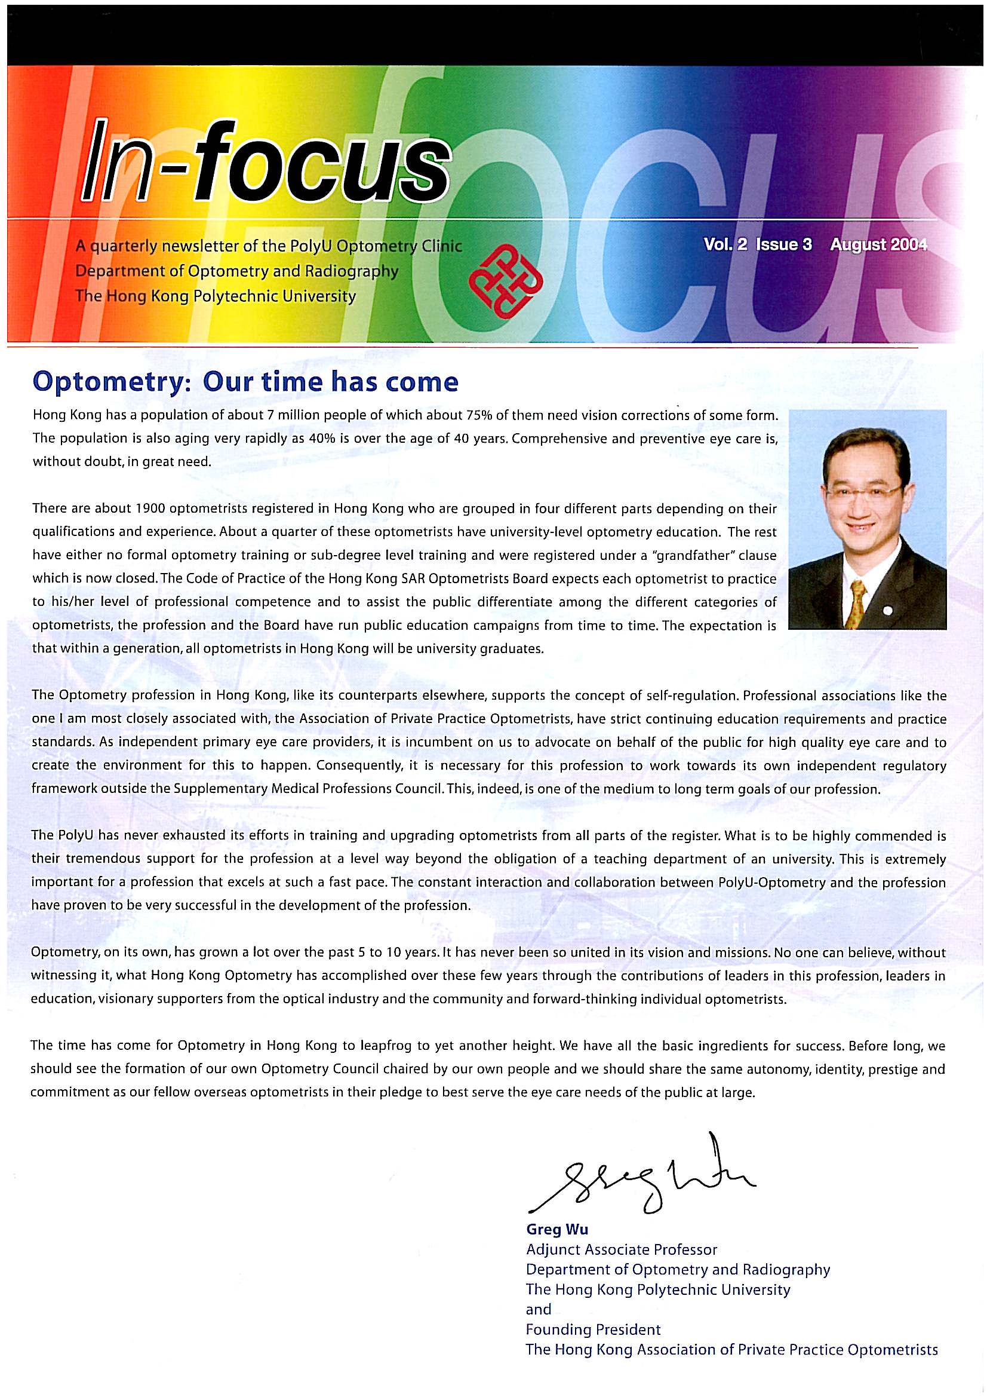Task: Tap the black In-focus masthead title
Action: [x=266, y=163]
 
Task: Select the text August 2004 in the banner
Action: [x=878, y=244]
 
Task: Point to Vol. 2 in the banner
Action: [x=725, y=244]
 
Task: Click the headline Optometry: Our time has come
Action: [x=245, y=381]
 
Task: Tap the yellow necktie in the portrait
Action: [x=857, y=602]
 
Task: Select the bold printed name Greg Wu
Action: [x=557, y=1230]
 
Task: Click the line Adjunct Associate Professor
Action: [x=622, y=1250]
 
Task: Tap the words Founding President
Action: [x=593, y=1329]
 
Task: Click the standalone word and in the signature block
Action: [x=538, y=1309]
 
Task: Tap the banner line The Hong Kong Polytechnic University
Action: [x=216, y=296]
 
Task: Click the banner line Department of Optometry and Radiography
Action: [x=236, y=271]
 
